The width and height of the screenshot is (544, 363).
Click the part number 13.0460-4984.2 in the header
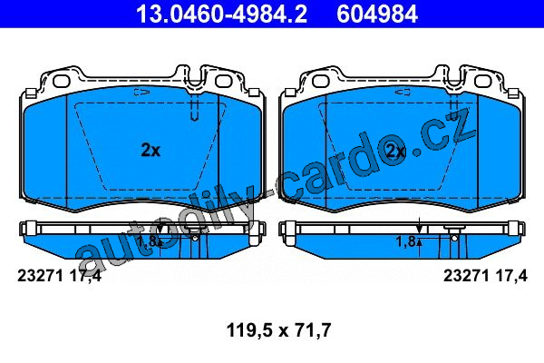tap(221, 15)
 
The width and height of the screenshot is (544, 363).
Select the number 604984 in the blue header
tap(377, 15)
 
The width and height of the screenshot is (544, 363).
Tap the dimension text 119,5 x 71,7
tap(278, 330)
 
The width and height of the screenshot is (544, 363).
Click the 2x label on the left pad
tap(151, 151)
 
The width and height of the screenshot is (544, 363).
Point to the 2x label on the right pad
tap(395, 151)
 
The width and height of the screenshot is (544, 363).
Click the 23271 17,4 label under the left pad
tap(59, 276)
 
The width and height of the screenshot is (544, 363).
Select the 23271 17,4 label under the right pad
tap(485, 276)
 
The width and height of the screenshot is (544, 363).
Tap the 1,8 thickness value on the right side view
tap(405, 241)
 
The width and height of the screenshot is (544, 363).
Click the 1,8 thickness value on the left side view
tap(147, 241)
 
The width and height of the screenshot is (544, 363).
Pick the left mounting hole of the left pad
tap(62, 80)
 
